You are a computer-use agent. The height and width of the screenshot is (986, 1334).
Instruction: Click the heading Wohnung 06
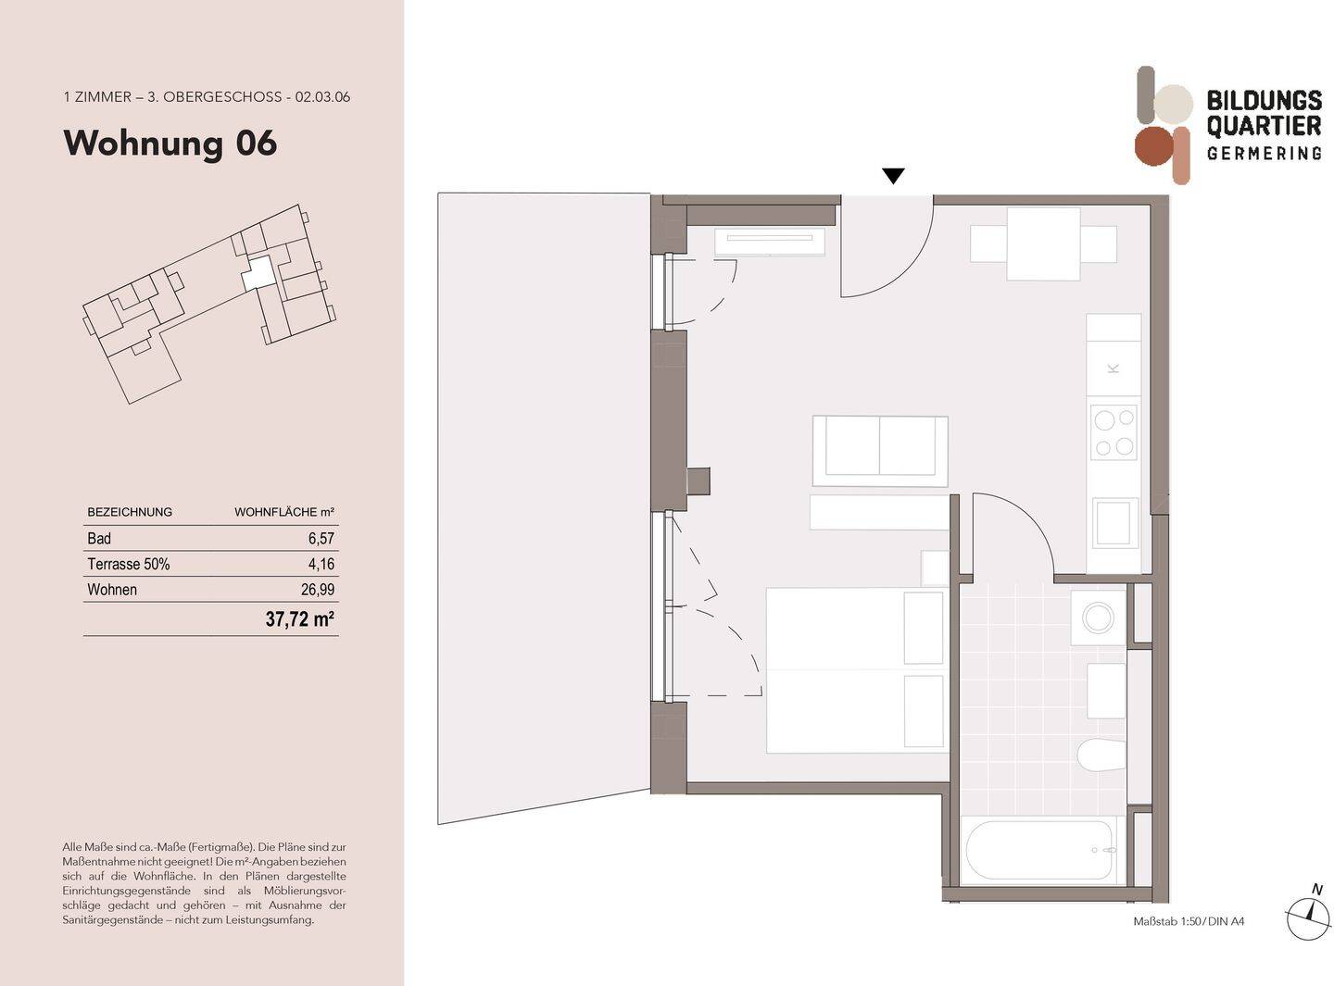(x=170, y=144)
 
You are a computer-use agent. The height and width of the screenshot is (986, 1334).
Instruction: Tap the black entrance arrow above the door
(x=893, y=176)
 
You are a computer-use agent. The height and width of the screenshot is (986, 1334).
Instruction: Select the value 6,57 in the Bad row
(x=321, y=538)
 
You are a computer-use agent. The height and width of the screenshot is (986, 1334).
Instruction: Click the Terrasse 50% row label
(x=128, y=564)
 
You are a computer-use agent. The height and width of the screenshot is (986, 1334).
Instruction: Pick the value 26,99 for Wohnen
(x=317, y=590)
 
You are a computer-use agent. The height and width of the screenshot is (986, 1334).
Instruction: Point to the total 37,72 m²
(x=299, y=619)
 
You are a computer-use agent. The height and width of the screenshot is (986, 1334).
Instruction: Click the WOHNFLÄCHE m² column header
(x=283, y=512)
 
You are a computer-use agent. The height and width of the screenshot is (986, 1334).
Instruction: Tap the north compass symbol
(x=1308, y=912)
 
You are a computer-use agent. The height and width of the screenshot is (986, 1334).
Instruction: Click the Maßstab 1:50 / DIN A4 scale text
(x=1189, y=921)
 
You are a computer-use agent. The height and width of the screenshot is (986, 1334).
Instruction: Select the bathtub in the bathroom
(x=1038, y=850)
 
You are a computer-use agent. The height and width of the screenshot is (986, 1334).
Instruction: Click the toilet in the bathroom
(x=1101, y=755)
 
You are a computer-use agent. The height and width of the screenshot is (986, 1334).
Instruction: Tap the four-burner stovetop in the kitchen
(x=1114, y=432)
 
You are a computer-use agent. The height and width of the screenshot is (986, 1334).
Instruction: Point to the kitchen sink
(x=1114, y=523)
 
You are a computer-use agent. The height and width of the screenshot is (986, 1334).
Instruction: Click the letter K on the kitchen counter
(x=1114, y=368)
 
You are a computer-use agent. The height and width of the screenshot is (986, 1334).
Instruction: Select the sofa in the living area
(x=879, y=451)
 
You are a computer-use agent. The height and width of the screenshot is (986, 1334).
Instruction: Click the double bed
(x=854, y=670)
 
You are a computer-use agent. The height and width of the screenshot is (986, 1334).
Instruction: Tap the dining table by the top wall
(x=1043, y=244)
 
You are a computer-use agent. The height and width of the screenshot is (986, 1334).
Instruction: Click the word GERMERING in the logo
(x=1264, y=153)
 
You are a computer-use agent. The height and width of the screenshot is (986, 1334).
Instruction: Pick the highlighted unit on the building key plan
(x=258, y=273)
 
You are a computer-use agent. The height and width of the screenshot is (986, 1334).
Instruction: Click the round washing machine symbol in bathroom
(x=1100, y=618)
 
